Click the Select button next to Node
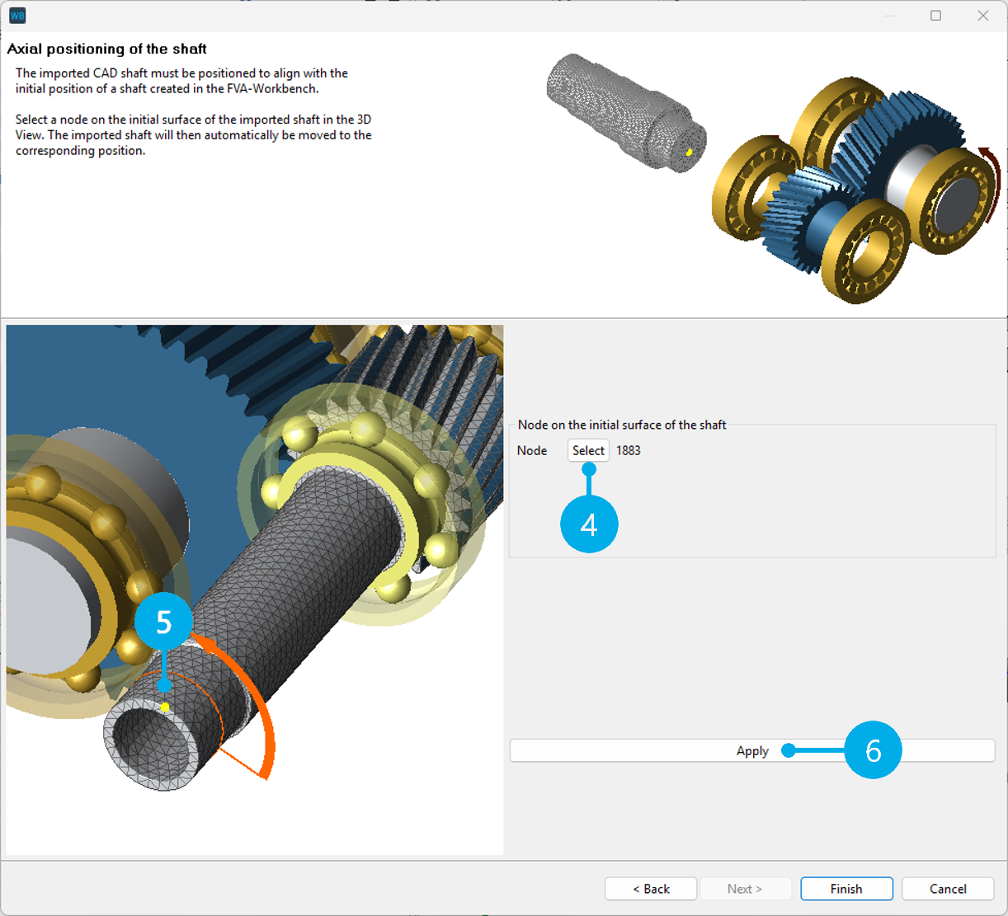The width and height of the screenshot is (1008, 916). pyautogui.click(x=588, y=450)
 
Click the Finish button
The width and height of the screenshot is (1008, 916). pyautogui.click(x=846, y=889)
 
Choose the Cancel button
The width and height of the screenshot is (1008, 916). pyautogui.click(x=948, y=889)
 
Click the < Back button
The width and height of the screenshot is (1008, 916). pyautogui.click(x=651, y=889)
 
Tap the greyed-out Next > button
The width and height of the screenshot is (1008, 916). pyautogui.click(x=745, y=889)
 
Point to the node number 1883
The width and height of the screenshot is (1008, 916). pyautogui.click(x=629, y=450)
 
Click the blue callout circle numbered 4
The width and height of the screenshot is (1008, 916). pyautogui.click(x=589, y=524)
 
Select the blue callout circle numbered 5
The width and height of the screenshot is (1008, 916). pyautogui.click(x=163, y=622)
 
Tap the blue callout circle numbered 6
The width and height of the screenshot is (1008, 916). pyautogui.click(x=873, y=750)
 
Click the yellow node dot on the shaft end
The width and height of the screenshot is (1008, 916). pyautogui.click(x=165, y=707)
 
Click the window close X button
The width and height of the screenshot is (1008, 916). pyautogui.click(x=983, y=16)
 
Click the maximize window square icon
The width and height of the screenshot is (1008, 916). pyautogui.click(x=935, y=16)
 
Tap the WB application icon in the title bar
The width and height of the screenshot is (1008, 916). pyautogui.click(x=17, y=16)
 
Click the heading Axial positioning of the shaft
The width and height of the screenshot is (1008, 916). pyautogui.click(x=107, y=49)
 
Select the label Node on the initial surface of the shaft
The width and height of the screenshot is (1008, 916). pyautogui.click(x=622, y=425)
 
